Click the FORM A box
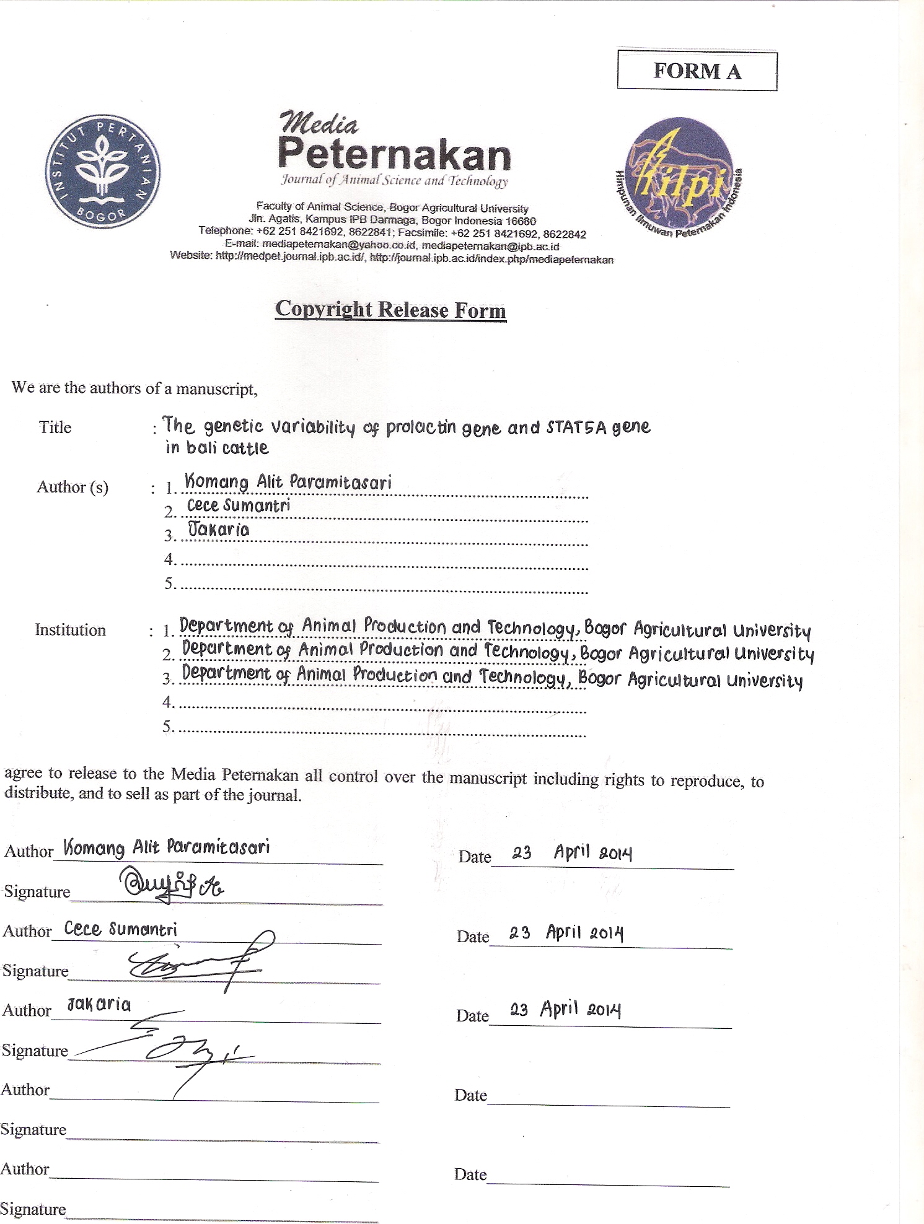click(x=697, y=71)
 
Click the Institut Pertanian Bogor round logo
click(x=103, y=172)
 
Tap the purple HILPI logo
click(x=680, y=175)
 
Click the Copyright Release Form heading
click(x=390, y=309)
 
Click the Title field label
click(x=55, y=427)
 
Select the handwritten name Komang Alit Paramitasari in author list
click(x=288, y=482)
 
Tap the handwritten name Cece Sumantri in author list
click(x=239, y=505)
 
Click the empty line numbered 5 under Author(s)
click(x=383, y=585)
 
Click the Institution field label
click(x=70, y=630)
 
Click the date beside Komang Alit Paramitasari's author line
click(x=571, y=853)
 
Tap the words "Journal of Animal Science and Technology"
click(x=394, y=181)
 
